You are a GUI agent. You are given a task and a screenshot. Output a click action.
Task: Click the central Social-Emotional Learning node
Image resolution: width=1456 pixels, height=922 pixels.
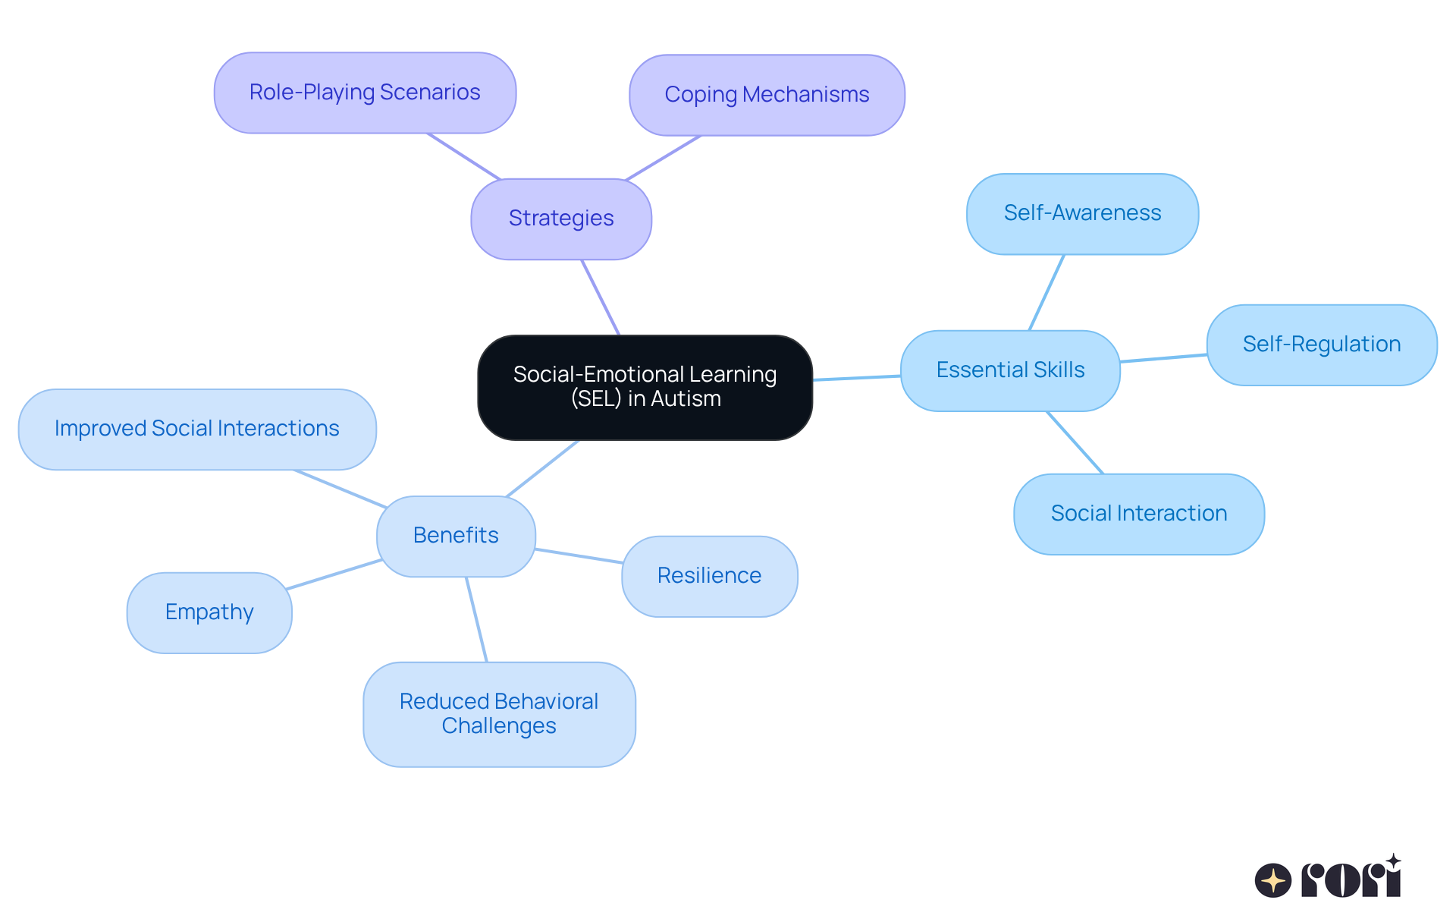click(x=645, y=387)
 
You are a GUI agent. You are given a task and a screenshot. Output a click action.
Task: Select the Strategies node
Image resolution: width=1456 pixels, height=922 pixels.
click(x=561, y=219)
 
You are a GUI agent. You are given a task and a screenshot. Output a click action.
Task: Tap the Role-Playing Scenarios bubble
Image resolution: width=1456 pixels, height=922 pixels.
click(x=365, y=93)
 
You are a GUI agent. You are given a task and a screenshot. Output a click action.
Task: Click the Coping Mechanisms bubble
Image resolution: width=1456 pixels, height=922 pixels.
click(x=767, y=95)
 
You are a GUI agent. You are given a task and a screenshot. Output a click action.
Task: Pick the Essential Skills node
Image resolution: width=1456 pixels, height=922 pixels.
click(x=1010, y=370)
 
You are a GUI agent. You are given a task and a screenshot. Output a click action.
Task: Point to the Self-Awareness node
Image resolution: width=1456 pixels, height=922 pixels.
click(x=1082, y=213)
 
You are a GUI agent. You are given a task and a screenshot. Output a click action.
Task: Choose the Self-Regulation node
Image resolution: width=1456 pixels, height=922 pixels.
click(x=1321, y=345)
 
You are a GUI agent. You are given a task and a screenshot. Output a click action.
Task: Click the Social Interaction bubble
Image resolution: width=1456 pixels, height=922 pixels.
click(x=1138, y=514)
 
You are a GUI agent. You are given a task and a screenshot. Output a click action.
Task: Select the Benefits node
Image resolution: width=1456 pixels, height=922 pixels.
click(x=456, y=536)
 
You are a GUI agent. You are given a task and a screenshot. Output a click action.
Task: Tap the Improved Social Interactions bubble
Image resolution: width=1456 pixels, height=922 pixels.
click(x=196, y=429)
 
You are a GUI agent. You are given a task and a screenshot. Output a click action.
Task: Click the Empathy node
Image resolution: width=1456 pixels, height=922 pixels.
click(x=209, y=612)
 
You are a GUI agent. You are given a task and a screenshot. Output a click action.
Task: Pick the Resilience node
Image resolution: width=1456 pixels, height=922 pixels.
click(x=709, y=576)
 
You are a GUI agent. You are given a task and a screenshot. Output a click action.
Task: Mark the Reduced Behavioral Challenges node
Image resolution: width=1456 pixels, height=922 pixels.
click(x=499, y=713)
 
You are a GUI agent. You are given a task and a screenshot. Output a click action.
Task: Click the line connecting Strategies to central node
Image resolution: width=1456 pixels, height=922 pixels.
click(x=601, y=297)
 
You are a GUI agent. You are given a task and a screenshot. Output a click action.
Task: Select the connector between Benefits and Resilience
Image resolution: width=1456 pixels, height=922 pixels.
click(x=579, y=555)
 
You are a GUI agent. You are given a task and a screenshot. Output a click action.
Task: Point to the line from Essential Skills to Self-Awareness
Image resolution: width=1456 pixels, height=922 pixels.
click(x=1046, y=292)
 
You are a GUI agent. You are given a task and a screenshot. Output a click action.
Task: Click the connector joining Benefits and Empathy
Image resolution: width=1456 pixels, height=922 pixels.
click(x=334, y=574)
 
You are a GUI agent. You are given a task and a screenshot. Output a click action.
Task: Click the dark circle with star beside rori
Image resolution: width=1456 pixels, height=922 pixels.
click(x=1273, y=880)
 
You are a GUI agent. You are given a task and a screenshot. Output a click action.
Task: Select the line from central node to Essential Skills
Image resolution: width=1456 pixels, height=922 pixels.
click(x=857, y=377)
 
